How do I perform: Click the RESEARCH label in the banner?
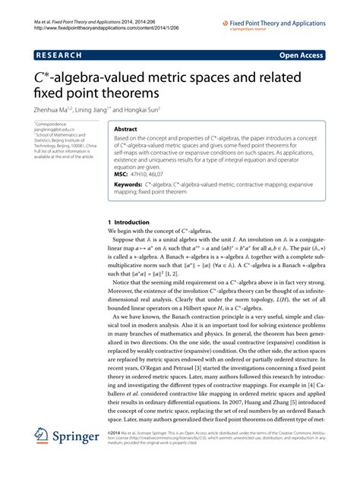pyautogui.click(x=58, y=55)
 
